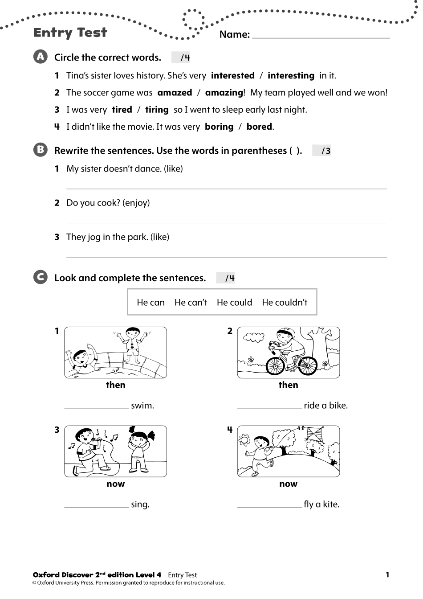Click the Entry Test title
70,33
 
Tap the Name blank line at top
321,36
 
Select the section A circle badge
40,57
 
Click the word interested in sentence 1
232,76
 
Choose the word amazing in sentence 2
224,93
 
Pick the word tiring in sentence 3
157,110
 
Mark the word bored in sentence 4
259,127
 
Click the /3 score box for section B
322,151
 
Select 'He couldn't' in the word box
285,303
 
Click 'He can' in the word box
150,303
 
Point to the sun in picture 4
244,440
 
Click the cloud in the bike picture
254,337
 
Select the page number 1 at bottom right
387,575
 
